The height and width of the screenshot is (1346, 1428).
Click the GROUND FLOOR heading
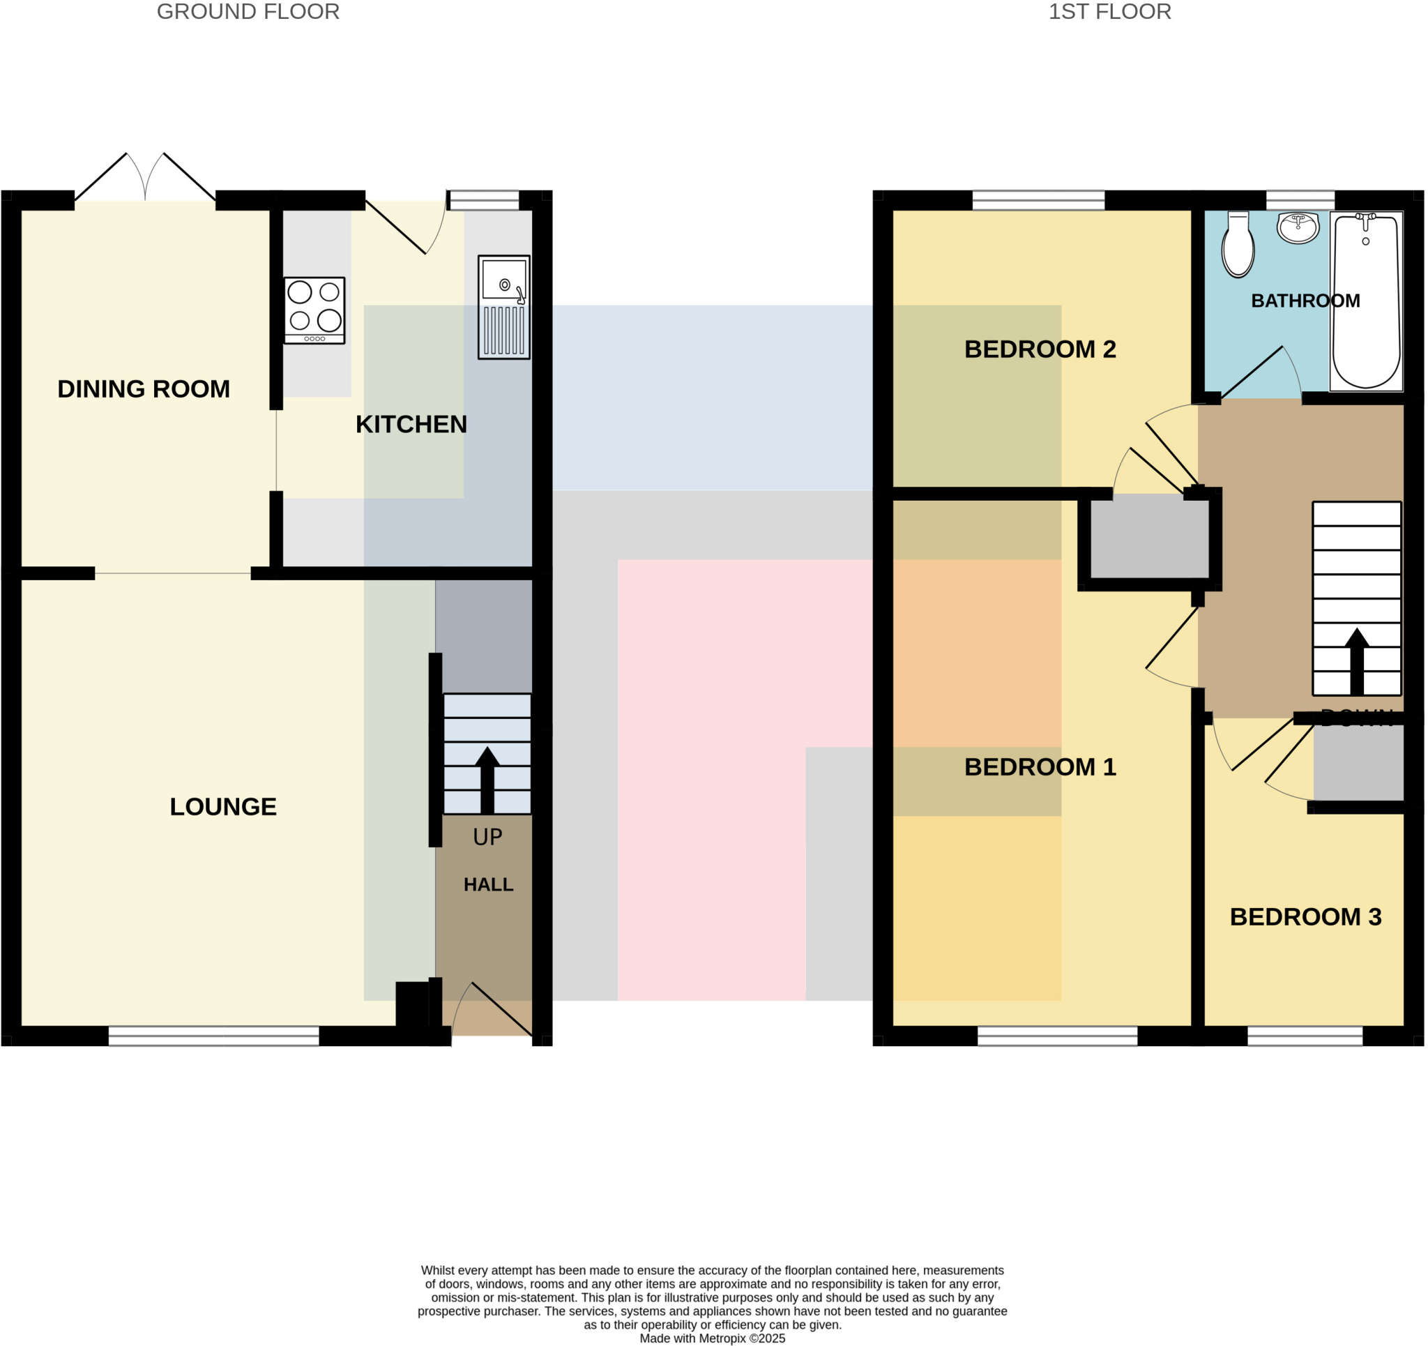(248, 13)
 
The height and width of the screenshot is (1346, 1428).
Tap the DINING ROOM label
(144, 388)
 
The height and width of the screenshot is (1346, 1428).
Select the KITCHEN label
(411, 424)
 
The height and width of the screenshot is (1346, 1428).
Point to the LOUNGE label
(222, 806)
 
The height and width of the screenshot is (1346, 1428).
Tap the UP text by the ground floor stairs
(487, 837)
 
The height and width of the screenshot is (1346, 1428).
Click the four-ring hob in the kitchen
(314, 310)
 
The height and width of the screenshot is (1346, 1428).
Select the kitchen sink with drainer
(503, 307)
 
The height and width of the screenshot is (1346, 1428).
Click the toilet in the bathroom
(1238, 244)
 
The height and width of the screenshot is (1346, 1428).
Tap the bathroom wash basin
(1298, 228)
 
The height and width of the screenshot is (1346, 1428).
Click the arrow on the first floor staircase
(1356, 661)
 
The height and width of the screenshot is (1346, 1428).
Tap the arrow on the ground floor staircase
(487, 780)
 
